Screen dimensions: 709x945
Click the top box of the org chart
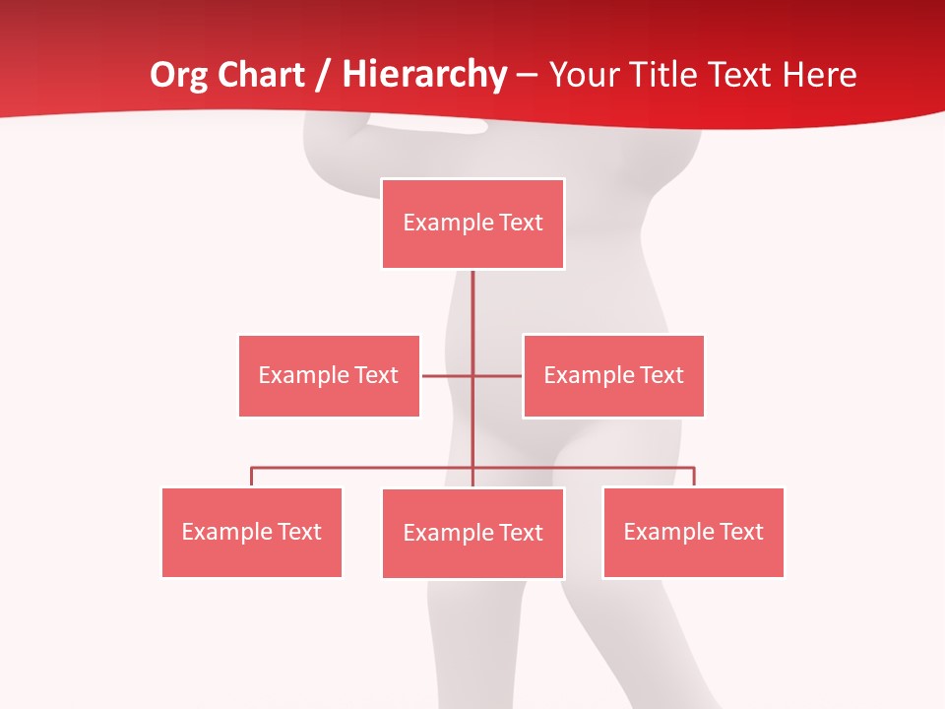[472, 224]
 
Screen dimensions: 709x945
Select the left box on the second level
[329, 375]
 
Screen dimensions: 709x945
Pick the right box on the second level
[613, 375]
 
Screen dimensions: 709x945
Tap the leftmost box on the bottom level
[252, 532]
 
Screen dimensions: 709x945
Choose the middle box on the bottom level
[472, 533]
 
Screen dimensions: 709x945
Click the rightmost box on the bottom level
[693, 532]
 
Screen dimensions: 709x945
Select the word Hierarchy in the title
[424, 75]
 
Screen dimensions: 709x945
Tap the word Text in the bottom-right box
[741, 532]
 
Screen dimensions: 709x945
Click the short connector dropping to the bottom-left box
[252, 477]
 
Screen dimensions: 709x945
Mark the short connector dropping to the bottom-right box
[694, 477]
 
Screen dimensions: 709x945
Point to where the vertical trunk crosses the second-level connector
[472, 375]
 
